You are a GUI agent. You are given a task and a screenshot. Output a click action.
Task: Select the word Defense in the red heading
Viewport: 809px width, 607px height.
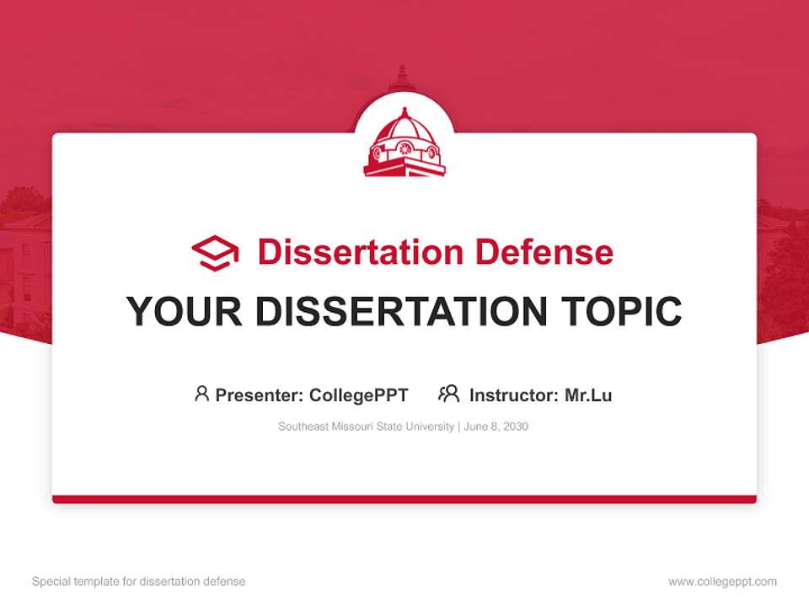[544, 252]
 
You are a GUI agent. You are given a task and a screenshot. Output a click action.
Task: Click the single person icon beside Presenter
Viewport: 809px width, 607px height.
[201, 394]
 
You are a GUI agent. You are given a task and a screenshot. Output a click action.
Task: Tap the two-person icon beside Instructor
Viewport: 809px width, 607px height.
[448, 394]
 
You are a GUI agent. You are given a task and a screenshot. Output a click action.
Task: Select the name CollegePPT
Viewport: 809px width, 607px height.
[358, 395]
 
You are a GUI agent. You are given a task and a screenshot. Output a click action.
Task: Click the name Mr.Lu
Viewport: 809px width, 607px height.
[588, 395]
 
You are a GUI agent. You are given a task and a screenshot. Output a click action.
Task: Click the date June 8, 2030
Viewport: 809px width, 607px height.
[496, 427]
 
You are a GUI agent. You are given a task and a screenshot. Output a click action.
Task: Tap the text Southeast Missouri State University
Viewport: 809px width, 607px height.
[367, 427]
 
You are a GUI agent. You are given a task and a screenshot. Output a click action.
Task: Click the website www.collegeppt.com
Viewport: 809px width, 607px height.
[722, 582]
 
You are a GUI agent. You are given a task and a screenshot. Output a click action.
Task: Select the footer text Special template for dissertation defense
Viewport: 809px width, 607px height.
[139, 582]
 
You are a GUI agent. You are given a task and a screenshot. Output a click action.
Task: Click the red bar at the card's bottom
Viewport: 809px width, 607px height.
[404, 499]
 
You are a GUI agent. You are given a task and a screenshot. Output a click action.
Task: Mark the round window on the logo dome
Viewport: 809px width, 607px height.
[405, 148]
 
